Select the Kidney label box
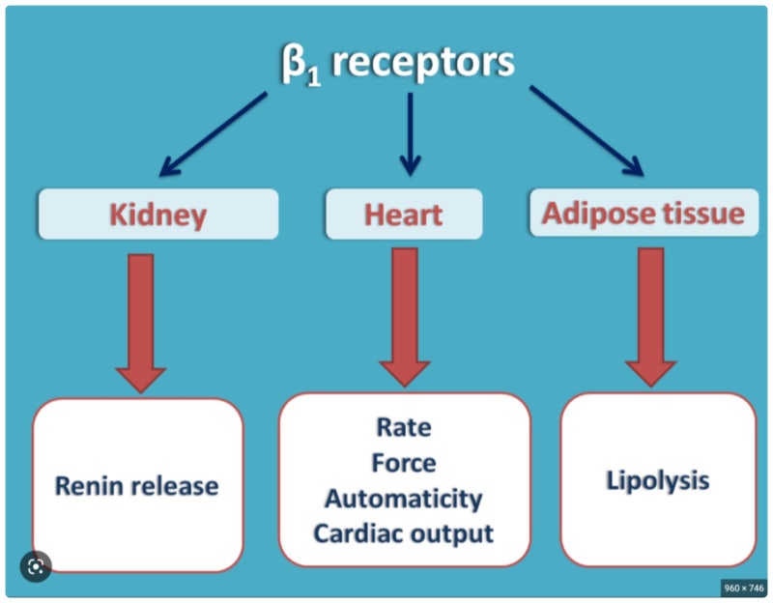click(157, 214)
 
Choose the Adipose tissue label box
click(643, 214)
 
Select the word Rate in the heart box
click(404, 426)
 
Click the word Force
click(404, 462)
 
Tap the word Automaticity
click(404, 498)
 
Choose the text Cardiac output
click(404, 532)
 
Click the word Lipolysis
click(657, 479)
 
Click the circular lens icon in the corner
click(36, 566)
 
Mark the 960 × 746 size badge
click(743, 587)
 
